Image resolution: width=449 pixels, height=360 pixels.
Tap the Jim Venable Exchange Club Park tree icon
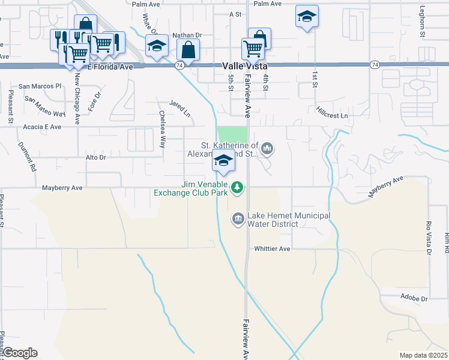pos(238,188)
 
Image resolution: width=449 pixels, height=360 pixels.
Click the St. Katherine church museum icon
pos(267,148)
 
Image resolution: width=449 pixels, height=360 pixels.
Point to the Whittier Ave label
pos(272,248)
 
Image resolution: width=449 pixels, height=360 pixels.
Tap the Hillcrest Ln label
pos(331,112)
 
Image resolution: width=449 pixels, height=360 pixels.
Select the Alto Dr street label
pos(95,157)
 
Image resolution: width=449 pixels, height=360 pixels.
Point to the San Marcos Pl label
pos(40,86)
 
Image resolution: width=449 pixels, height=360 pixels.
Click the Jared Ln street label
pos(179,109)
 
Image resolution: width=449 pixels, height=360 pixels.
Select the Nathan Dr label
pos(185,35)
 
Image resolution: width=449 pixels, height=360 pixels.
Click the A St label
pos(235,13)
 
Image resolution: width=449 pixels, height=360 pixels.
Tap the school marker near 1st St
pos(307,17)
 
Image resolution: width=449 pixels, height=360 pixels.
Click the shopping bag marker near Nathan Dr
pos(188,51)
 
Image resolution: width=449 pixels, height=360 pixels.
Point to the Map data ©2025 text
pos(423,355)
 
